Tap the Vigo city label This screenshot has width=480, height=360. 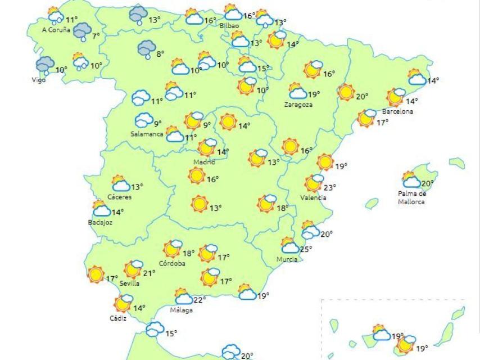pos(38,80)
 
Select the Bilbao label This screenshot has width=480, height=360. pos(229,26)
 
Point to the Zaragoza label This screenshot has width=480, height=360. pos(298,105)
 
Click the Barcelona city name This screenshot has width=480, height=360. pos(397,111)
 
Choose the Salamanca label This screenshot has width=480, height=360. pos(147,134)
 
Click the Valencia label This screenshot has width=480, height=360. pos(313,197)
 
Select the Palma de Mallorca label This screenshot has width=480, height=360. pos(412,197)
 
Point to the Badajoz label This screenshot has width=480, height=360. pos(101,222)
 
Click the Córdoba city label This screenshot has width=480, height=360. pos(172,263)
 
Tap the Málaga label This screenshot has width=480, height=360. pos(182,310)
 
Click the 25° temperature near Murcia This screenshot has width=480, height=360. pos(306,249)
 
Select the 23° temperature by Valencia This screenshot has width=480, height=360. pos(329,188)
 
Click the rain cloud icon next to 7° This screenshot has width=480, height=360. pos(83,31)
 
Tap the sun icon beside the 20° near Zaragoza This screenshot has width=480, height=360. pos(346,92)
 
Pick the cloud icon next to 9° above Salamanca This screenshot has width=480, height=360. pos(143,120)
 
